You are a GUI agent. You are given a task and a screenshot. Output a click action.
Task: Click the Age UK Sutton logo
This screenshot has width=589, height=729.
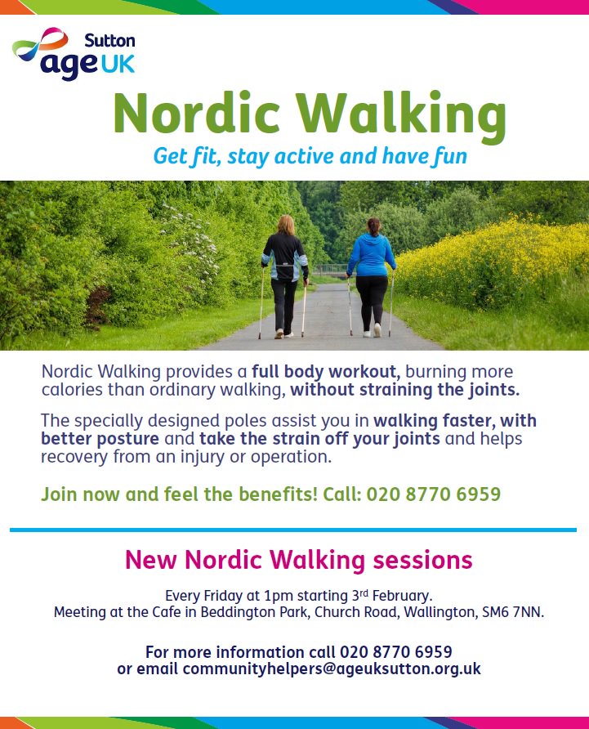click(x=74, y=54)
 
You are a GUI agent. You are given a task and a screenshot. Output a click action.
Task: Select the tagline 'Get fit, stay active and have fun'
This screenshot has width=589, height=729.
click(x=310, y=155)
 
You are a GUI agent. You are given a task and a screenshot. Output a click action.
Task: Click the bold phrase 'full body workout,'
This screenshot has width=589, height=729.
click(x=325, y=370)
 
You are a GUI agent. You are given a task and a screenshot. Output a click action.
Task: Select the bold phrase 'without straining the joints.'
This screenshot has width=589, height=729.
click(x=404, y=389)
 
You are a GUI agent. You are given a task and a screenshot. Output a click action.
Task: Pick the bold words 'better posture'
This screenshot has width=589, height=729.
click(x=100, y=439)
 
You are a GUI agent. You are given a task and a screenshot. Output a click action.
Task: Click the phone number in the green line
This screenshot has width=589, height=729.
click(x=433, y=494)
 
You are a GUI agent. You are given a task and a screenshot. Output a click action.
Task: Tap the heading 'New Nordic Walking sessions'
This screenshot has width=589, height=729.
click(x=298, y=560)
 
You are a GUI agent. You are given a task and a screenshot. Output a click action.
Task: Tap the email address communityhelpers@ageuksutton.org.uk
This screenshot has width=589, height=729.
click(x=332, y=669)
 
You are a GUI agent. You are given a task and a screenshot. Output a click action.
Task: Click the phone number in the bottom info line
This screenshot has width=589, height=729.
click(x=395, y=652)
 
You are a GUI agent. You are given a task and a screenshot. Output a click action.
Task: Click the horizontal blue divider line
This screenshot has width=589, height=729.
click(x=293, y=530)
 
